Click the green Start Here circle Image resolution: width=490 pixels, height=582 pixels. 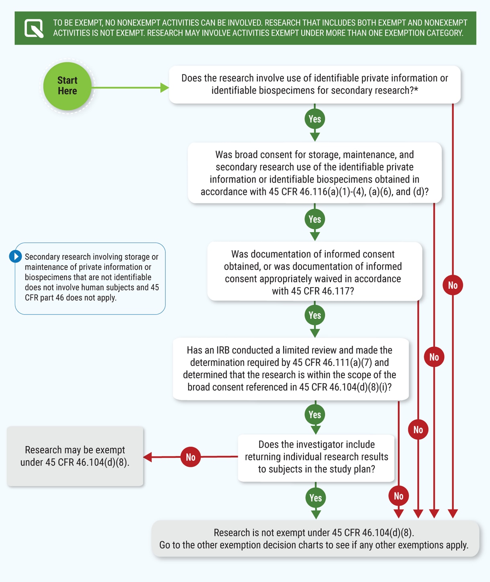[x=67, y=86]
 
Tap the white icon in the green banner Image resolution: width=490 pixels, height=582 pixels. [x=34, y=28]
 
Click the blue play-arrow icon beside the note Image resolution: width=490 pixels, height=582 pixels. [x=16, y=256]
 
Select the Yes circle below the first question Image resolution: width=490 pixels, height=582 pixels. [x=315, y=119]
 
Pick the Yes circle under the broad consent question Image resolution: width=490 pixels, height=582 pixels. [x=315, y=219]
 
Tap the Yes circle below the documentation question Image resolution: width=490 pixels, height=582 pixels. [x=315, y=315]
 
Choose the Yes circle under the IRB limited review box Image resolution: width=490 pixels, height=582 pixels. [x=315, y=415]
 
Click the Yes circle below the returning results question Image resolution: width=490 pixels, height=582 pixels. [x=316, y=498]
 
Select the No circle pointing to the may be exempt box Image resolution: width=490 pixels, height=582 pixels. [x=190, y=457]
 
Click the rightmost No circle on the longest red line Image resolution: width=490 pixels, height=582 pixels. [x=453, y=285]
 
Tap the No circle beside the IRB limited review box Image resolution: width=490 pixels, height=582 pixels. [x=434, y=357]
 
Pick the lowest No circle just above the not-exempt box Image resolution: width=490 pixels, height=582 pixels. [x=398, y=496]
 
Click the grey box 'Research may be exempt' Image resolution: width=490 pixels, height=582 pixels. [x=75, y=456]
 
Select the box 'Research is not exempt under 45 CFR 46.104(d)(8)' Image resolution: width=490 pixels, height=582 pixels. [x=315, y=539]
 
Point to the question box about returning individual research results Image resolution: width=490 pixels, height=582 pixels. [x=316, y=457]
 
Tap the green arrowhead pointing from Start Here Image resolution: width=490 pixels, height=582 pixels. [x=164, y=88]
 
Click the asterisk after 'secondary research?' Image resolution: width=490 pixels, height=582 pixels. [x=416, y=90]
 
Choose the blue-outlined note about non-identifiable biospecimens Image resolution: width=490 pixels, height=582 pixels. [x=90, y=278]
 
